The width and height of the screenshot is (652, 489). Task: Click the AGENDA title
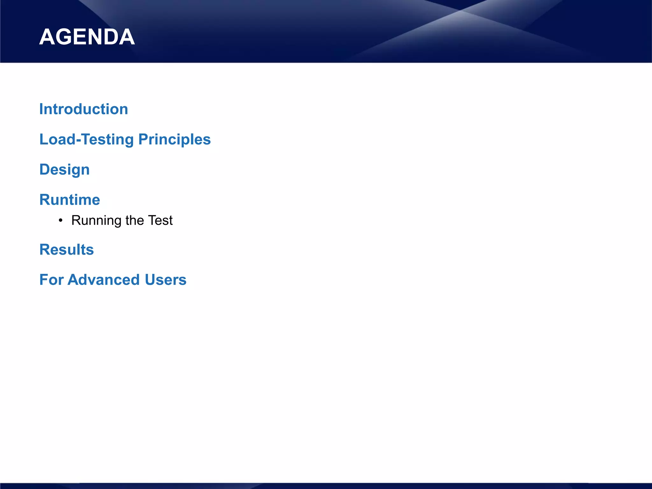pos(87,37)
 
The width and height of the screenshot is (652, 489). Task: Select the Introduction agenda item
pos(84,109)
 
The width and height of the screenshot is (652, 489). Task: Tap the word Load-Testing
pos(87,139)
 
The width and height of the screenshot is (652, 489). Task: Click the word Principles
pos(174,139)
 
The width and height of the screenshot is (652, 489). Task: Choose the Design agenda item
pos(64,170)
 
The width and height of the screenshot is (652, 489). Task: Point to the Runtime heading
pos(70,200)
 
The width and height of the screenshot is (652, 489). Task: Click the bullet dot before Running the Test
pos(60,221)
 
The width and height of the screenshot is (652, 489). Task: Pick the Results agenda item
pos(67,250)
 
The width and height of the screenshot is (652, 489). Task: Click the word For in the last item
pos(51,280)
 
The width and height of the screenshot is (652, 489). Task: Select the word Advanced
pos(104,280)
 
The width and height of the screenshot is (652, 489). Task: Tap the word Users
pos(166,280)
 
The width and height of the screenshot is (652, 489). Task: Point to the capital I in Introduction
pos(41,109)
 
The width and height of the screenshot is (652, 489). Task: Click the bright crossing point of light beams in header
pos(460,11)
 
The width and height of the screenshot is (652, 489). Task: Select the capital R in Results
pos(45,250)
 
